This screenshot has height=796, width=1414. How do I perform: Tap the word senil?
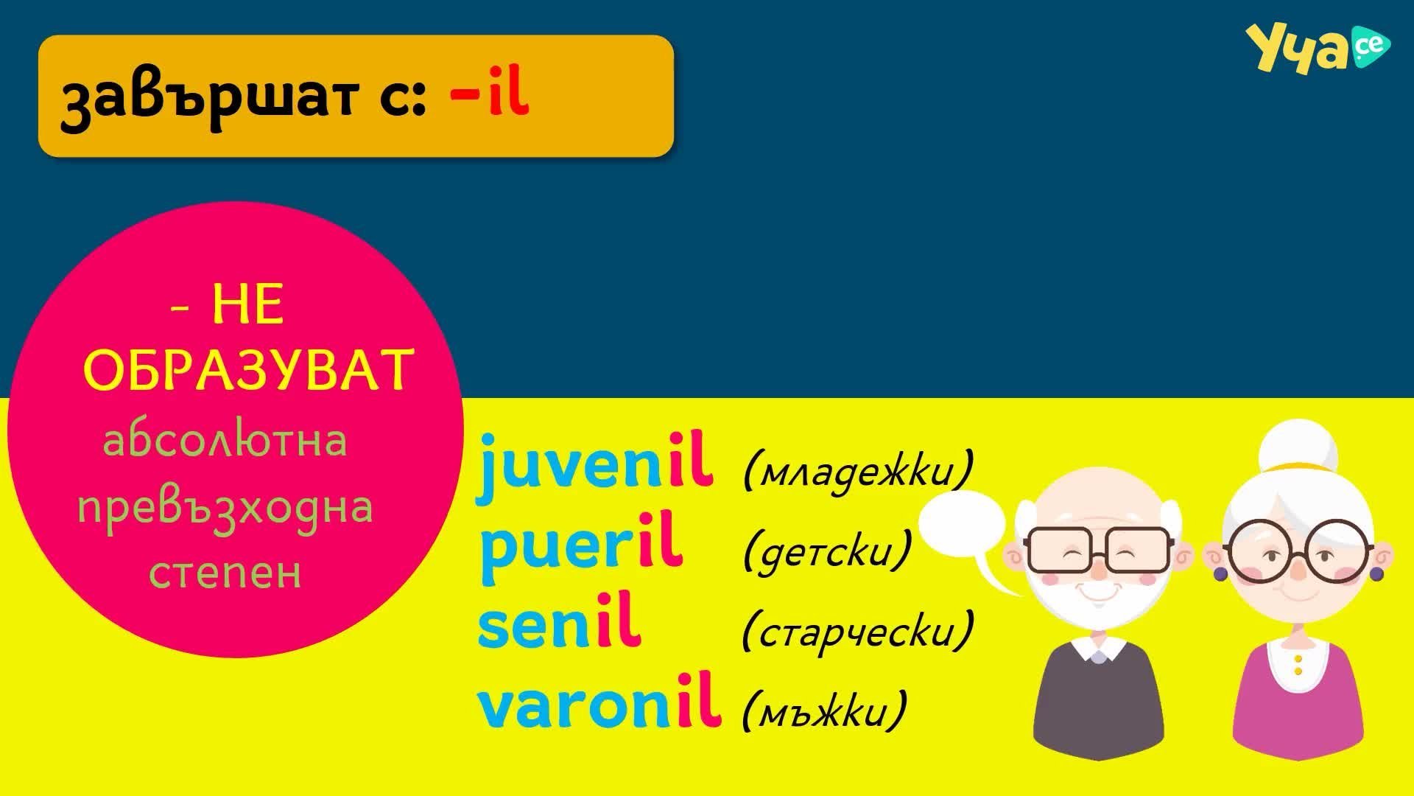click(x=558, y=625)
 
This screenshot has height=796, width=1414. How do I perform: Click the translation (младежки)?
click(x=858, y=469)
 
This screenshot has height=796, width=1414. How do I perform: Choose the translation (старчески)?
click(x=858, y=630)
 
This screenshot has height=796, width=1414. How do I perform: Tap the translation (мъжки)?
click(x=824, y=710)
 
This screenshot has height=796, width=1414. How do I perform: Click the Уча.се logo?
click(x=1318, y=48)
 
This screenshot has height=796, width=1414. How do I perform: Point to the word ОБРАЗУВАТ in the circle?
click(x=249, y=369)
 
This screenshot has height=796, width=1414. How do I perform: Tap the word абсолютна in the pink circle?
click(x=225, y=441)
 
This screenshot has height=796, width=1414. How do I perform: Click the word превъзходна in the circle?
click(x=225, y=508)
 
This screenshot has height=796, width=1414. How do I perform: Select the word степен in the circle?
click(x=225, y=573)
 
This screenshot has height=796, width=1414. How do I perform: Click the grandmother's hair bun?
click(x=1295, y=449)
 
